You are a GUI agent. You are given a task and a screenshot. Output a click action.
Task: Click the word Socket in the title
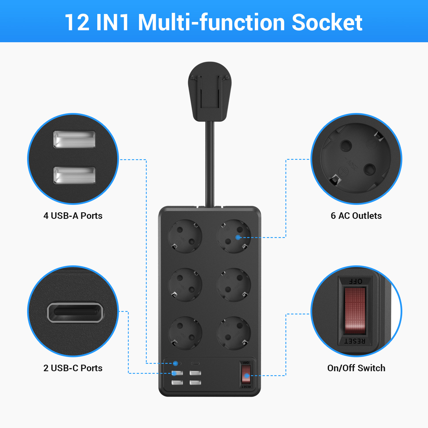coord(327,23)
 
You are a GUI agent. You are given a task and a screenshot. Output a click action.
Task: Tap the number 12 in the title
coord(77,23)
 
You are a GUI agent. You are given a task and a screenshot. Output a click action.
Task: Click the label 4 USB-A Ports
coord(73,216)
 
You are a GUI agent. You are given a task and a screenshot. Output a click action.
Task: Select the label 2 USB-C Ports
coord(73,368)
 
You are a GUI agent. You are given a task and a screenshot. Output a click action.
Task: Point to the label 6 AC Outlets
coord(356,216)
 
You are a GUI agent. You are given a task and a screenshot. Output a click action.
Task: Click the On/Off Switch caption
coord(356,368)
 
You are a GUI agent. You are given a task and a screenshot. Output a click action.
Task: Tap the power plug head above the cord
coord(210,91)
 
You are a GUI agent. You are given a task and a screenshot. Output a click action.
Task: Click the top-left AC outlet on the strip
coord(185,236)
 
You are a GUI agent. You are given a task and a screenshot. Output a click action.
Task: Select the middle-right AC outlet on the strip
coord(234,285)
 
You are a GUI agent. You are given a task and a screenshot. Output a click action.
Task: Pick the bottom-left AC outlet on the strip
coord(185,333)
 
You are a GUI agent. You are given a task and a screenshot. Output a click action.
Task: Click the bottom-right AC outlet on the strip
coord(234,333)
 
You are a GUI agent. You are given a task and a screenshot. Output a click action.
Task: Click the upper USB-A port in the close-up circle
coord(74,139)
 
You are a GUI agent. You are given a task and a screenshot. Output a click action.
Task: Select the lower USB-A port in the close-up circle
coord(74,175)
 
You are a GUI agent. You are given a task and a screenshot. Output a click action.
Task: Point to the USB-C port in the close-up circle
coord(75,312)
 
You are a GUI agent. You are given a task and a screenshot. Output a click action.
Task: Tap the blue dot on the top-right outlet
coord(238,237)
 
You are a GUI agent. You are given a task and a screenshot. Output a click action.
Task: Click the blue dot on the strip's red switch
coord(247,376)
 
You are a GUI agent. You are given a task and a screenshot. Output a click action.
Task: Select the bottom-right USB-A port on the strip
coord(195,383)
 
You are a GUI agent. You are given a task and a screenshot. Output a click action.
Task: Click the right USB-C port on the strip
coord(195,364)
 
